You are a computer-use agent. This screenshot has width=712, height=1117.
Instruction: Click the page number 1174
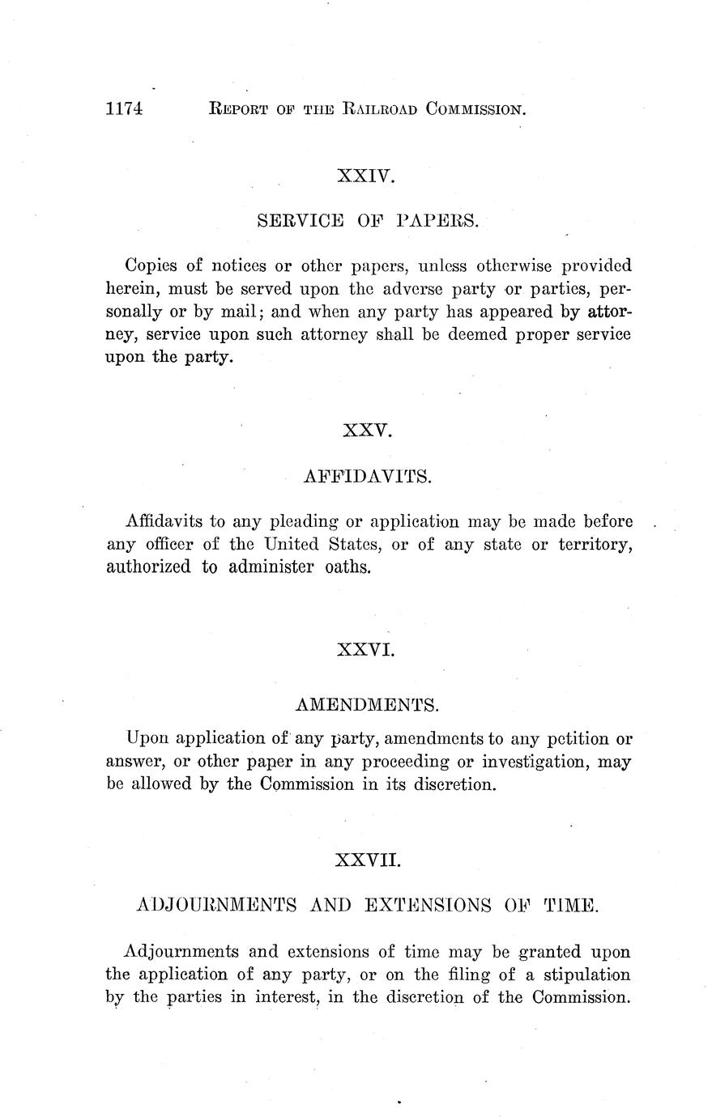[124, 108]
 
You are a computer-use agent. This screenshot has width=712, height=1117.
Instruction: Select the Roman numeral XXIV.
[365, 175]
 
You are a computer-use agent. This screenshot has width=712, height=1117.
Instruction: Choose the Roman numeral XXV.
[367, 431]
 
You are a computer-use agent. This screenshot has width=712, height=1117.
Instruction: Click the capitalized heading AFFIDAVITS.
[367, 476]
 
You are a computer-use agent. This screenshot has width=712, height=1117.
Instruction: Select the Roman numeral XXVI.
[365, 649]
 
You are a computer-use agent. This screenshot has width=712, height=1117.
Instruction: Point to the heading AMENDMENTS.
[367, 705]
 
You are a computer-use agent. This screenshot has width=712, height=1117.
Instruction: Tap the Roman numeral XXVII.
[367, 859]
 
